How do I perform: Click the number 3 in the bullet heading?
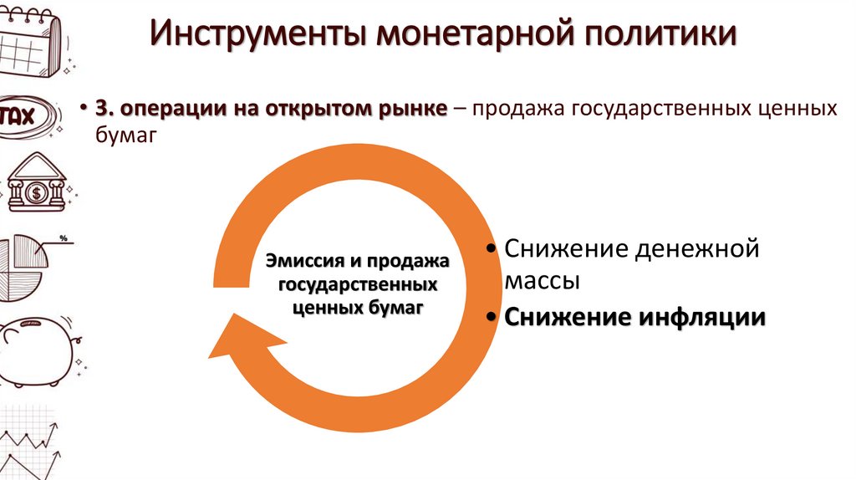tap(101, 110)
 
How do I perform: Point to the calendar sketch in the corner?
tap(32, 38)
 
